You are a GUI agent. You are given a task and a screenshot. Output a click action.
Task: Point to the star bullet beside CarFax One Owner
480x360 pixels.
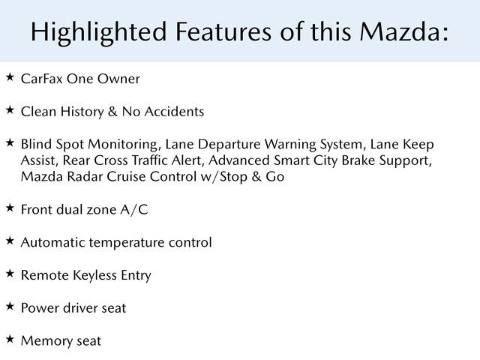10,77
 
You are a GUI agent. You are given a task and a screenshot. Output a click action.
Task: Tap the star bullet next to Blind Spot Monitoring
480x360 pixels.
10,142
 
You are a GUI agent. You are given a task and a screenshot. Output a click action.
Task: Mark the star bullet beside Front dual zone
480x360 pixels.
10,208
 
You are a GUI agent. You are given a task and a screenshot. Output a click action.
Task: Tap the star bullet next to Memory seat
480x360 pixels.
10,339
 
